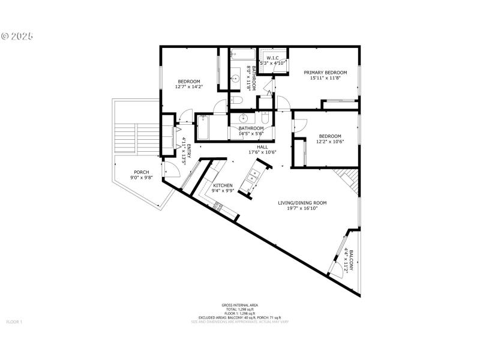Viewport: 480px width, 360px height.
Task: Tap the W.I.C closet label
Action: coord(271,58)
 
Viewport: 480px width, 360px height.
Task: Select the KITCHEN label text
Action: coord(223,185)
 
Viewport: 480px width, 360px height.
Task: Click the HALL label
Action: coord(262,146)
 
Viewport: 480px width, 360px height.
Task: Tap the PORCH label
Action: coord(141,173)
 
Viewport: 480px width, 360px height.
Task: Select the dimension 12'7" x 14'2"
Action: coord(188,87)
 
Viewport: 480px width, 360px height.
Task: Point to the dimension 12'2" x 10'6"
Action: coord(330,142)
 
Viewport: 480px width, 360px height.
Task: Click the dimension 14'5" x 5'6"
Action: coord(251,134)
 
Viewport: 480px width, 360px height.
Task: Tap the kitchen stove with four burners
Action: coord(218,207)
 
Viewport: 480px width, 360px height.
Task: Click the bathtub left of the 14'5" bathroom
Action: coord(202,127)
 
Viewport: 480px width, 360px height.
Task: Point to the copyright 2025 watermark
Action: coord(17,36)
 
